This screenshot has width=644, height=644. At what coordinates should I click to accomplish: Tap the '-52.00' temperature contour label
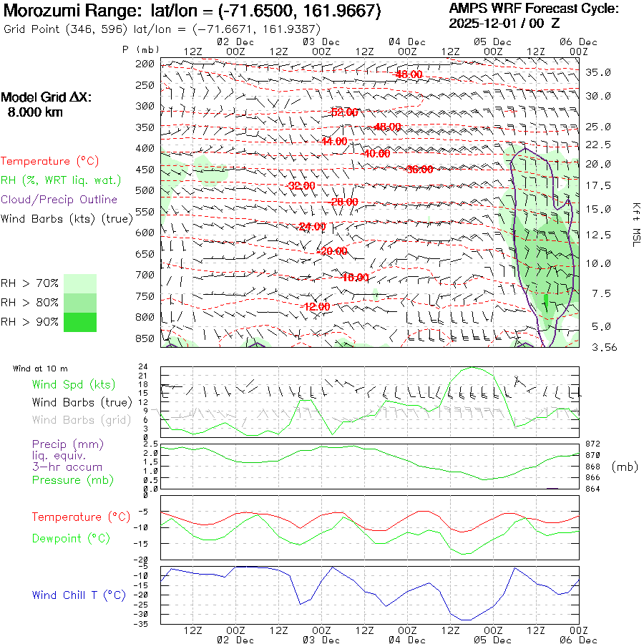[344, 112]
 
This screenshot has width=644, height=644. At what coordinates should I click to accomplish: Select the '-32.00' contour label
[300, 185]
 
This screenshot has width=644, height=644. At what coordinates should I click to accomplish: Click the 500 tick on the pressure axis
[145, 190]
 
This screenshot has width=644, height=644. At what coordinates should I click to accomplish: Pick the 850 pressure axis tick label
[145, 338]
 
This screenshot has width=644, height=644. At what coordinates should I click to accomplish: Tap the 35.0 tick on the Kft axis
[598, 72]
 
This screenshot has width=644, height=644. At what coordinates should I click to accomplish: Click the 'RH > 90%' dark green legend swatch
[80, 322]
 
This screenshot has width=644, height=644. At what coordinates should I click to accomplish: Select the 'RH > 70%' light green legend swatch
[80, 283]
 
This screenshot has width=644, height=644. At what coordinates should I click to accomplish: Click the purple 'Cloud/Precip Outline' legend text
[59, 199]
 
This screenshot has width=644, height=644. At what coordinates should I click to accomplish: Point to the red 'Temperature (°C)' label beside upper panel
[50, 161]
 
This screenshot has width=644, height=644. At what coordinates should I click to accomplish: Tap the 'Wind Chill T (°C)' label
[79, 595]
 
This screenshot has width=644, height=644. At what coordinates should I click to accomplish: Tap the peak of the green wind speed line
[472, 368]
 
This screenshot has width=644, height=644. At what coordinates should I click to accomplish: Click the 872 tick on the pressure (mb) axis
[593, 444]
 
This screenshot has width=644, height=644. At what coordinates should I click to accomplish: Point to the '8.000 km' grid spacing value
[35, 112]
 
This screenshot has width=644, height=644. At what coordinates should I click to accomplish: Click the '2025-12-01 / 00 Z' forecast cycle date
[514, 23]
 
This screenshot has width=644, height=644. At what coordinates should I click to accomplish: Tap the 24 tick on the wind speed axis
[143, 366]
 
